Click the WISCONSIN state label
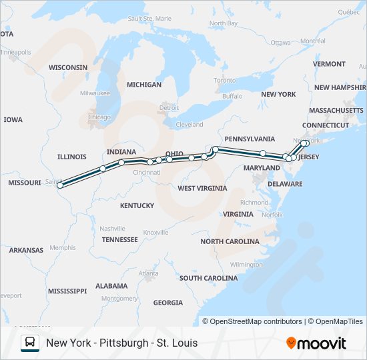(x=68, y=67)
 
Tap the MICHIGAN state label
(x=144, y=85)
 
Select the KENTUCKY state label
(x=137, y=205)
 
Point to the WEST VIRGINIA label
(x=202, y=188)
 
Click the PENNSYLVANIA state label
(x=250, y=139)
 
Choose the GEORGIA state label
(x=167, y=303)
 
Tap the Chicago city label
(x=99, y=117)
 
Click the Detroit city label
(x=169, y=107)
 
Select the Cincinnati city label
(x=146, y=172)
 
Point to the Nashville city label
(x=112, y=228)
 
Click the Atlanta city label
(x=149, y=273)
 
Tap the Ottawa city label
(x=281, y=43)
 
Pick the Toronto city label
(x=225, y=80)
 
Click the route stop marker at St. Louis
(x=61, y=185)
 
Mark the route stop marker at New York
(x=306, y=143)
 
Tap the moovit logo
(x=316, y=343)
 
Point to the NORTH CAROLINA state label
(x=230, y=241)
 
